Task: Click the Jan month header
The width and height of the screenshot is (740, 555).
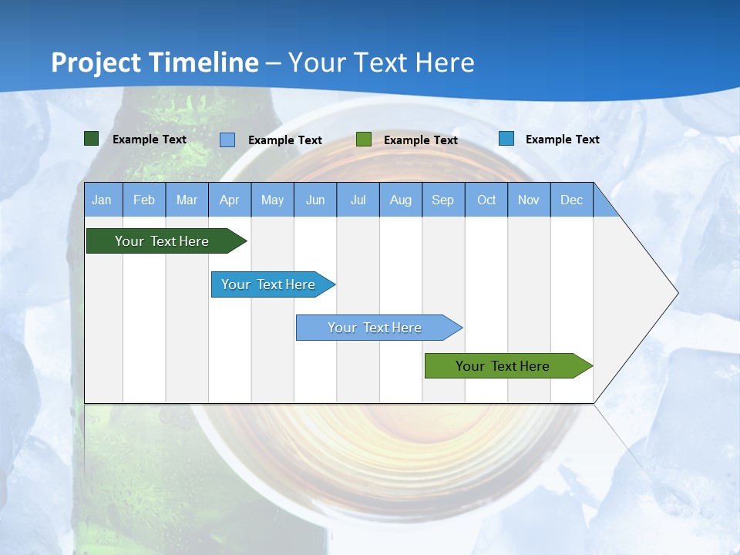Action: tap(102, 200)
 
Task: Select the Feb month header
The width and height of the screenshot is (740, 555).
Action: tap(144, 200)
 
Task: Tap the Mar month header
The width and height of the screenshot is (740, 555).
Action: tap(187, 200)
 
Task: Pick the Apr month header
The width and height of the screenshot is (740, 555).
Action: tap(230, 200)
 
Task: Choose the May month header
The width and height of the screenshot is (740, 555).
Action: tap(272, 200)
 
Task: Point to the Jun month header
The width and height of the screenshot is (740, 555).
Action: tap(315, 200)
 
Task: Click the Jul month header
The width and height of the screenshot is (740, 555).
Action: tap(358, 200)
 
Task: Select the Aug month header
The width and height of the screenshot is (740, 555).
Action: tap(401, 200)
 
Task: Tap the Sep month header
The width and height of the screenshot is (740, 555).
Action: tap(443, 200)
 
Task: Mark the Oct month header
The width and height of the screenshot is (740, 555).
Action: tap(486, 200)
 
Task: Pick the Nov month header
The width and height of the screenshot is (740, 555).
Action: tap(529, 200)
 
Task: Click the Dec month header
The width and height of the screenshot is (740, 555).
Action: tap(572, 200)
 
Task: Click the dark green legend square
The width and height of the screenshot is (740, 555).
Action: tap(92, 139)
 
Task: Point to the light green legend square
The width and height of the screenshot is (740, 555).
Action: tap(364, 140)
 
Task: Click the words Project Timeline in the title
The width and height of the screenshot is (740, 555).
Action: tap(155, 62)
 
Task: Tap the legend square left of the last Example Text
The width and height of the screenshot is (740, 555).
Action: tap(506, 139)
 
